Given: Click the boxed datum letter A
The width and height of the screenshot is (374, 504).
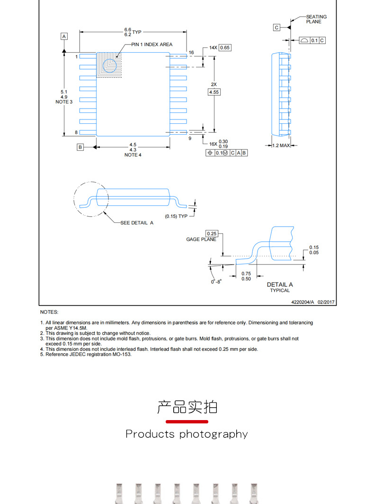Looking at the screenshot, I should [x=64, y=36].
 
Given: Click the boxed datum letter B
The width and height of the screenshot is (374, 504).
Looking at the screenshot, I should [x=80, y=147].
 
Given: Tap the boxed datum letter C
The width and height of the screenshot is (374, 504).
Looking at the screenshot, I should [x=276, y=27].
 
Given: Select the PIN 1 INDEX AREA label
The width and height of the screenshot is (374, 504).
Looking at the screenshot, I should [x=151, y=45].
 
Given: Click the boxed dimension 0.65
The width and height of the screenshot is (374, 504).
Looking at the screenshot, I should [x=225, y=48].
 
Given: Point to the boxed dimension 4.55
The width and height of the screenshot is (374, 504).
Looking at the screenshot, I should [x=214, y=92].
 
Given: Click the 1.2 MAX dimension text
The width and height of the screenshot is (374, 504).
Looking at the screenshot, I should [x=281, y=146].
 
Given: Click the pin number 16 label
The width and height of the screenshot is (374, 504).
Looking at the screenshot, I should [x=191, y=53].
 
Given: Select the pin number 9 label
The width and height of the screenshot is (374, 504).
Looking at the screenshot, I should [x=190, y=138].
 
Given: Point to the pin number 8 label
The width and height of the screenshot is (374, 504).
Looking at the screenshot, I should [x=76, y=133].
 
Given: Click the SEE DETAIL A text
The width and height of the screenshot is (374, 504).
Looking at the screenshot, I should [x=137, y=223].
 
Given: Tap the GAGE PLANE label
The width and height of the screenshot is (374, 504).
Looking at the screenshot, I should [x=201, y=239].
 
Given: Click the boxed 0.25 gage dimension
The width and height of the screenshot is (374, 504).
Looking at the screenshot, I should [x=211, y=234].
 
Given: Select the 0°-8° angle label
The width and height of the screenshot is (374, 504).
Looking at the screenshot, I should [x=216, y=282].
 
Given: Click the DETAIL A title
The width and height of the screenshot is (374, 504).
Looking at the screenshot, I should [x=279, y=284].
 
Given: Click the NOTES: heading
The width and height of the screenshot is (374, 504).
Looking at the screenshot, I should [x=49, y=312].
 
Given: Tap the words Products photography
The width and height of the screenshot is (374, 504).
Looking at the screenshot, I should [x=187, y=434].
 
